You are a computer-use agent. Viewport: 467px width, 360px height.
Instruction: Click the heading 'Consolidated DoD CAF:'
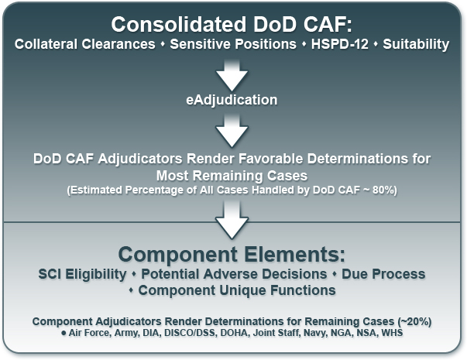[x=232, y=25]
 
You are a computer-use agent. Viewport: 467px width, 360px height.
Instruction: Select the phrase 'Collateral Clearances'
[x=85, y=44]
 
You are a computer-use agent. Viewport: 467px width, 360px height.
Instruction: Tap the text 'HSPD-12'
[x=339, y=44]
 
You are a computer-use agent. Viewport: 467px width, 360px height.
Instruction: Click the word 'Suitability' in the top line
[x=416, y=44]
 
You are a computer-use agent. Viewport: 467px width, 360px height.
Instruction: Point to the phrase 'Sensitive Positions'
[x=233, y=44]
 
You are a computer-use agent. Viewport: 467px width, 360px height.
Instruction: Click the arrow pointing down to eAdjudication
[x=232, y=76]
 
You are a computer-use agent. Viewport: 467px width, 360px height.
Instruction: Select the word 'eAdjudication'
[x=232, y=100]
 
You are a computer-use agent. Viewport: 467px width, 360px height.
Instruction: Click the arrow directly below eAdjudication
[x=232, y=131]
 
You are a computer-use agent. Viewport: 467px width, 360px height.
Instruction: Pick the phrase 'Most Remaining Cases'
[x=232, y=176]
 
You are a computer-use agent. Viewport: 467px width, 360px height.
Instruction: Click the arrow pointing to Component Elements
[x=232, y=220]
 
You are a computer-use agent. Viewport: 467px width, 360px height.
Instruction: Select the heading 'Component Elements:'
[x=232, y=255]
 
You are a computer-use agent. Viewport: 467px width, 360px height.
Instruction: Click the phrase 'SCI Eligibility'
[x=82, y=274]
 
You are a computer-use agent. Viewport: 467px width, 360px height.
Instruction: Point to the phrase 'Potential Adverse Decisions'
[x=234, y=274]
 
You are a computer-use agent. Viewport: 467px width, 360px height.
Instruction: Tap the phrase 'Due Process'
[x=383, y=274]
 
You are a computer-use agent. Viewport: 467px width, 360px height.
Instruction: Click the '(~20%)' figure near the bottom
[x=414, y=321]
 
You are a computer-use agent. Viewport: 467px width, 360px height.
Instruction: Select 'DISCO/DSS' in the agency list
[x=190, y=333]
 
